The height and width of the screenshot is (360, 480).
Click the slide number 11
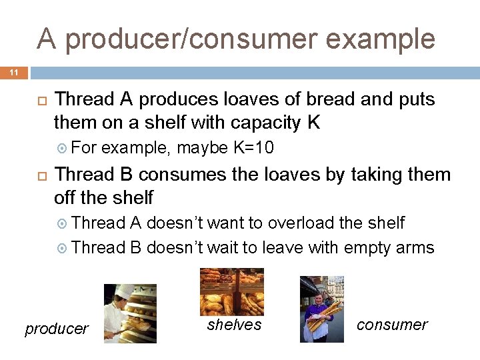13,72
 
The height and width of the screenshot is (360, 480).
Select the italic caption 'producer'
57,329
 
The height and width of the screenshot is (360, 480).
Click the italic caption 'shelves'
234,325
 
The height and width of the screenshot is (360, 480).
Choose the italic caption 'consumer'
392,325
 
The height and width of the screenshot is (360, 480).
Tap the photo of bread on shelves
232,291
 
